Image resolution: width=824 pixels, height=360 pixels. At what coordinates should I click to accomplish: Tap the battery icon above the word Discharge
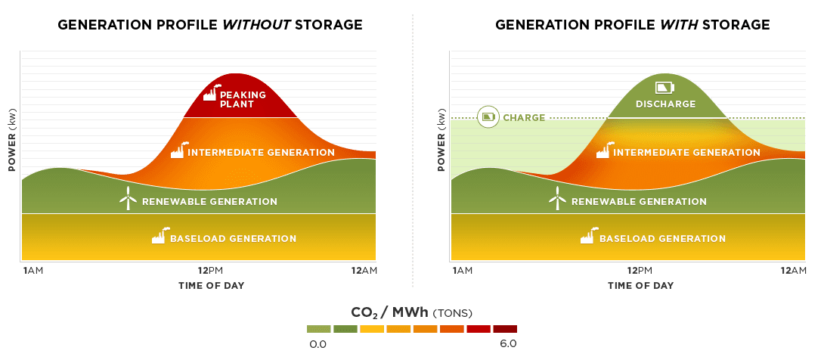tap(664, 88)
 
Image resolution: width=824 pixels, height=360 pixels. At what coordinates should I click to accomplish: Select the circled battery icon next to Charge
tap(488, 116)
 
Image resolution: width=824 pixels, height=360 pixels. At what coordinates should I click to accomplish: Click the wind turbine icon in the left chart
tap(128, 198)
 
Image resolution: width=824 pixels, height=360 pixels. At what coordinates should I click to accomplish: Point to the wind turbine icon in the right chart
tap(557, 198)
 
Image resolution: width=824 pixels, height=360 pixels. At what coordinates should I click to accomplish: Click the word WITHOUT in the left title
tap(256, 25)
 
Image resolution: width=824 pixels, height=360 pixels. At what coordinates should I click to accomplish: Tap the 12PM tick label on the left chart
tap(210, 271)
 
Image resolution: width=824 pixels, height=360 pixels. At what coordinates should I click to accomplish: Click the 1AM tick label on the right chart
tap(462, 271)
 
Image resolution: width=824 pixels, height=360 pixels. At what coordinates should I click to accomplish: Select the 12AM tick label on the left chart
tap(364, 271)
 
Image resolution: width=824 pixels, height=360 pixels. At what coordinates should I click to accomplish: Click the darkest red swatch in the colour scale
tap(504, 329)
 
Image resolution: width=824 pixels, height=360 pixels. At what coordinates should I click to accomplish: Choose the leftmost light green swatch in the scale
tap(318, 329)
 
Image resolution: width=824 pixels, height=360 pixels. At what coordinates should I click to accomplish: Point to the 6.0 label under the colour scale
tap(508, 344)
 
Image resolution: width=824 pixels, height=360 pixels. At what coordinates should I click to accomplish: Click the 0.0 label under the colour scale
tap(318, 345)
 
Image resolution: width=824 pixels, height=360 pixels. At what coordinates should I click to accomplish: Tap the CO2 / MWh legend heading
tap(411, 312)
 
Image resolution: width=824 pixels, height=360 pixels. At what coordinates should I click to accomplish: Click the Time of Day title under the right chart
tap(640, 286)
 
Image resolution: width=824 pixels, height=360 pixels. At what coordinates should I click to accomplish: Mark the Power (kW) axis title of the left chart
tap(12, 141)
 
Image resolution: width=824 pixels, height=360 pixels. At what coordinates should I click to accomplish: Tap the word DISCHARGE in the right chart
tap(665, 104)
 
